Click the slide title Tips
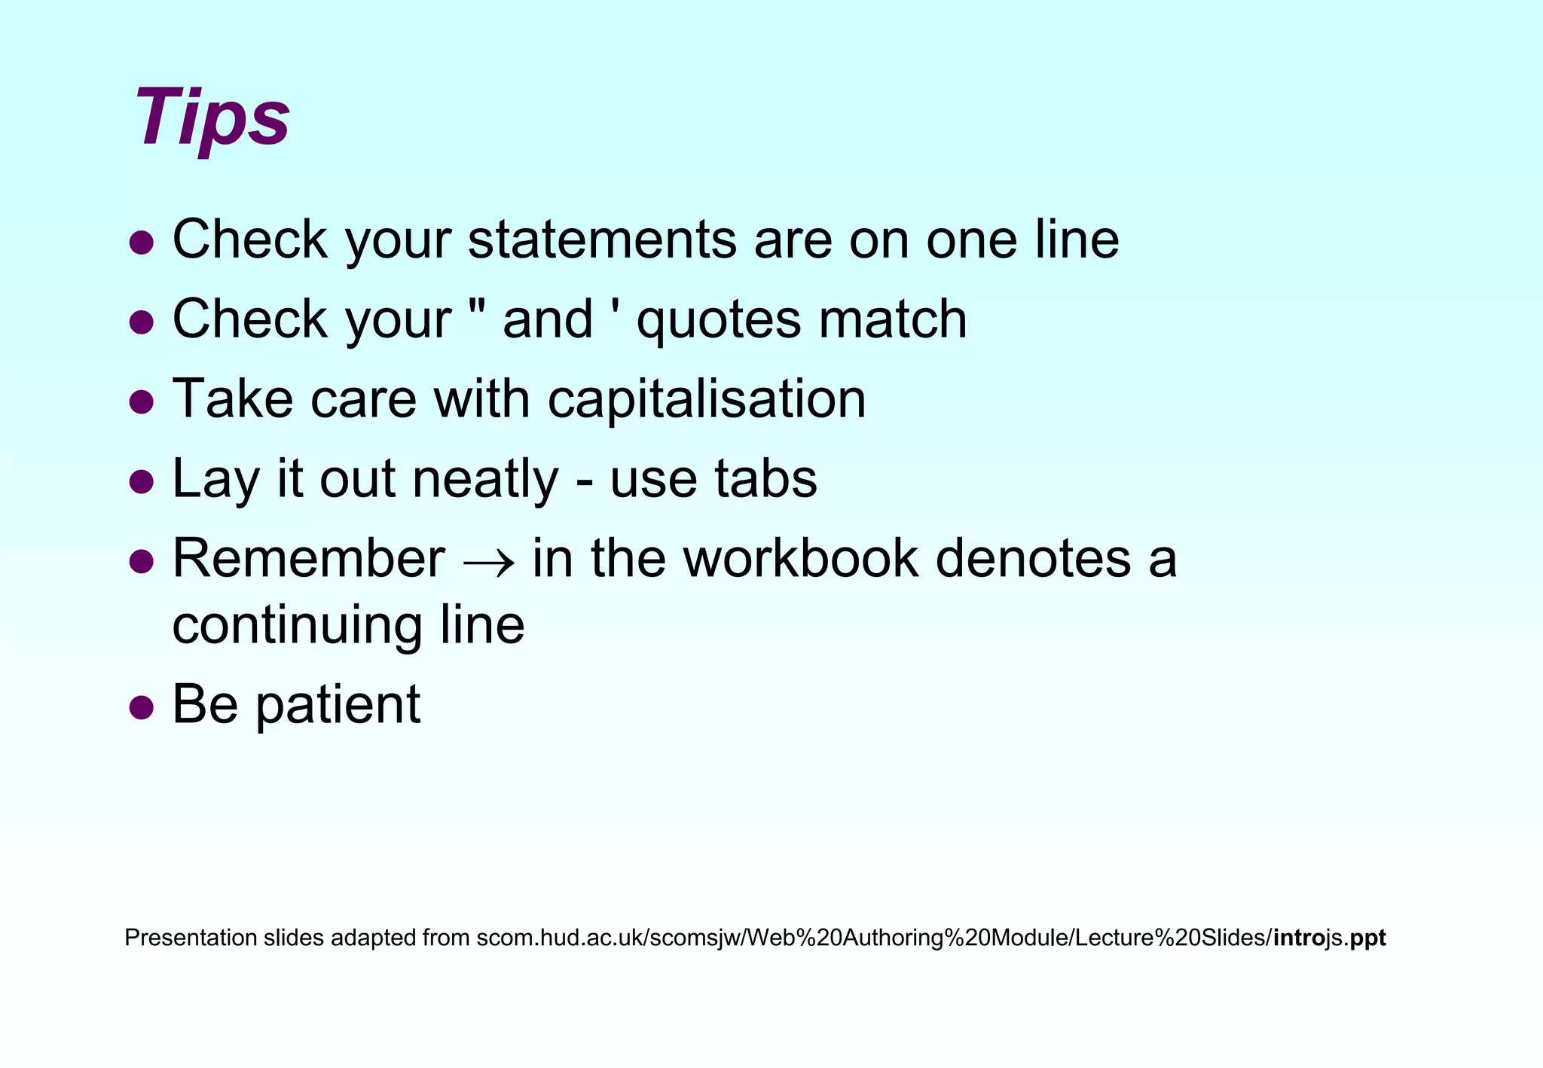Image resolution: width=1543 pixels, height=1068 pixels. tap(212, 119)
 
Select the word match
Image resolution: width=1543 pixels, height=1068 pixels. tap(893, 319)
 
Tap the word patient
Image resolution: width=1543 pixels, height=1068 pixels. tap(338, 706)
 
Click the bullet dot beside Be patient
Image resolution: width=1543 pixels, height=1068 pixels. tap(142, 707)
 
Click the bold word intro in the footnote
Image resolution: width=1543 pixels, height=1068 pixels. tap(1300, 938)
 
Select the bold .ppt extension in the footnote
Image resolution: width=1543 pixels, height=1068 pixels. tap(1364, 938)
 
